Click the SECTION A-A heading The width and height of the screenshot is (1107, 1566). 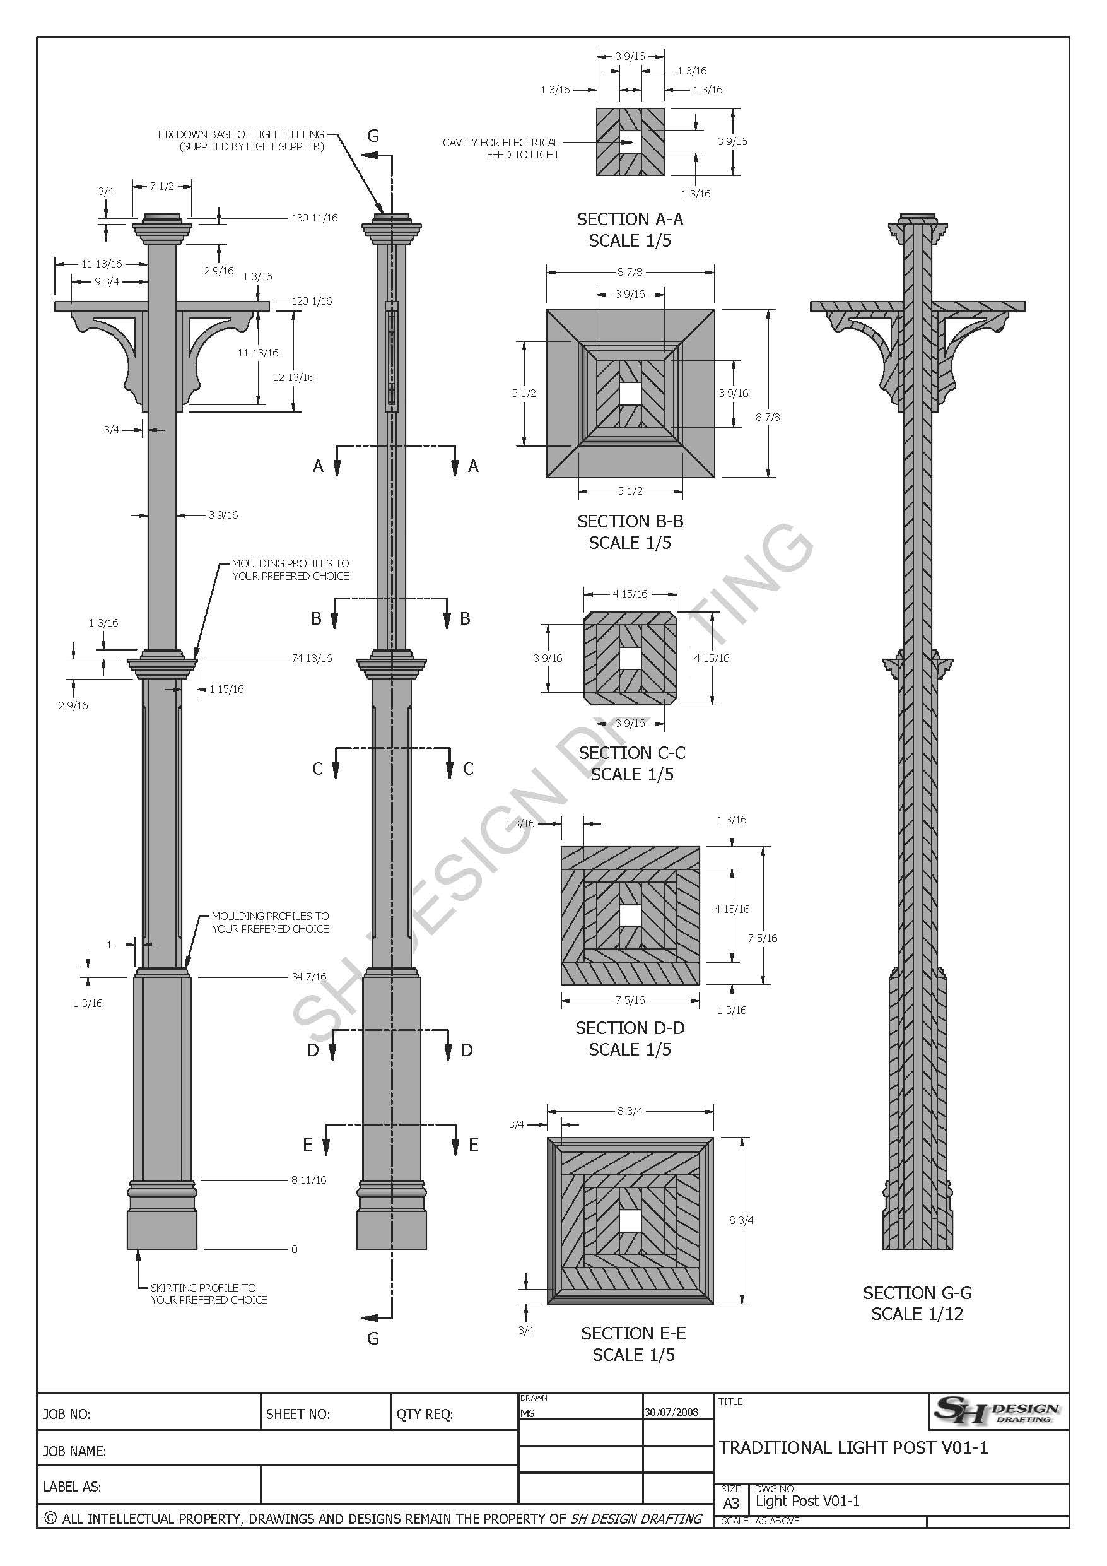tap(630, 220)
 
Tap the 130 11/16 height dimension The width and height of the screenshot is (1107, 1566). tap(314, 218)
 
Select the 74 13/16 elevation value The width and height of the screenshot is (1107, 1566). tap(312, 658)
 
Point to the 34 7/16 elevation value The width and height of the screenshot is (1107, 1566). tap(309, 977)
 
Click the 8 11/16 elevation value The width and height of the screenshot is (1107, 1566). tap(309, 1180)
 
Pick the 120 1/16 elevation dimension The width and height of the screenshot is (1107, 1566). tap(312, 302)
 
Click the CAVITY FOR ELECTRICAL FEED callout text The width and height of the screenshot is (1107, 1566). tap(501, 149)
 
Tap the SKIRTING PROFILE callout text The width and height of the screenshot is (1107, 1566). tap(208, 1293)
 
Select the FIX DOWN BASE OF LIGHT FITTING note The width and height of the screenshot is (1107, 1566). tap(242, 141)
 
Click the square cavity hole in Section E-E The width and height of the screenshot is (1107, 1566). tap(630, 1221)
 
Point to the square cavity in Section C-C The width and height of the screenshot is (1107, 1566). tap(630, 658)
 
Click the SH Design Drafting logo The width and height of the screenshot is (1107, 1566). tap(998, 1411)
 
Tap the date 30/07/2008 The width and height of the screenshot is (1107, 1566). tap(671, 1412)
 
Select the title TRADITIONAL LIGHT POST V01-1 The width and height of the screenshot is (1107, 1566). tap(853, 1448)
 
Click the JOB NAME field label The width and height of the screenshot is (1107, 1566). tap(74, 1451)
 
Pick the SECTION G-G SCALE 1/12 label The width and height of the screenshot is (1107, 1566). tap(917, 1304)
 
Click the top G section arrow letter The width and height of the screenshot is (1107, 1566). tap(373, 136)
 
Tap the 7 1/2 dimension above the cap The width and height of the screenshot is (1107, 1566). tap(161, 186)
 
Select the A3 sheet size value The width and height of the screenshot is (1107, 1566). tap(730, 1504)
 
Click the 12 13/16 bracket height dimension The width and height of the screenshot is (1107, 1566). tap(293, 378)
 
